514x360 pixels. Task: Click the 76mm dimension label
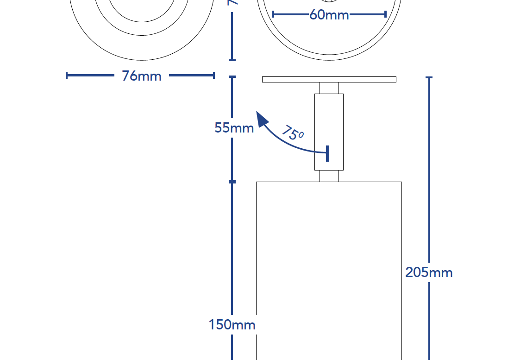141,76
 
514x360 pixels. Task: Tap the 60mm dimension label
329,15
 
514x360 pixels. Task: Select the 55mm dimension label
234,127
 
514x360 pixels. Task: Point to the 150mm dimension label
232,325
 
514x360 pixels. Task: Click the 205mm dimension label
429,272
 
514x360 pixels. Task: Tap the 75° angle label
292,133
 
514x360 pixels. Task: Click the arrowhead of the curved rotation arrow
262,118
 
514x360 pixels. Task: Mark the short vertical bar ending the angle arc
327,153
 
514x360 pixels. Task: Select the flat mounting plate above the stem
329,79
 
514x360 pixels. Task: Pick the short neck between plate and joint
329,88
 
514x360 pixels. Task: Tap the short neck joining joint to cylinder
329,176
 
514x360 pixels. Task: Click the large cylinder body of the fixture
329,269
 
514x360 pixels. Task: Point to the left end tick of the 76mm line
67,76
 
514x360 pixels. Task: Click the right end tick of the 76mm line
213,76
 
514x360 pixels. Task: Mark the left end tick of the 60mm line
273,14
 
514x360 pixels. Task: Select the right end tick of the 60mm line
385,14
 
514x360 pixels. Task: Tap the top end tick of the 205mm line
429,77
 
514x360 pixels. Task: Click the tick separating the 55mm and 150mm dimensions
232,182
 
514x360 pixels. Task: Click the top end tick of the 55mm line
232,76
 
